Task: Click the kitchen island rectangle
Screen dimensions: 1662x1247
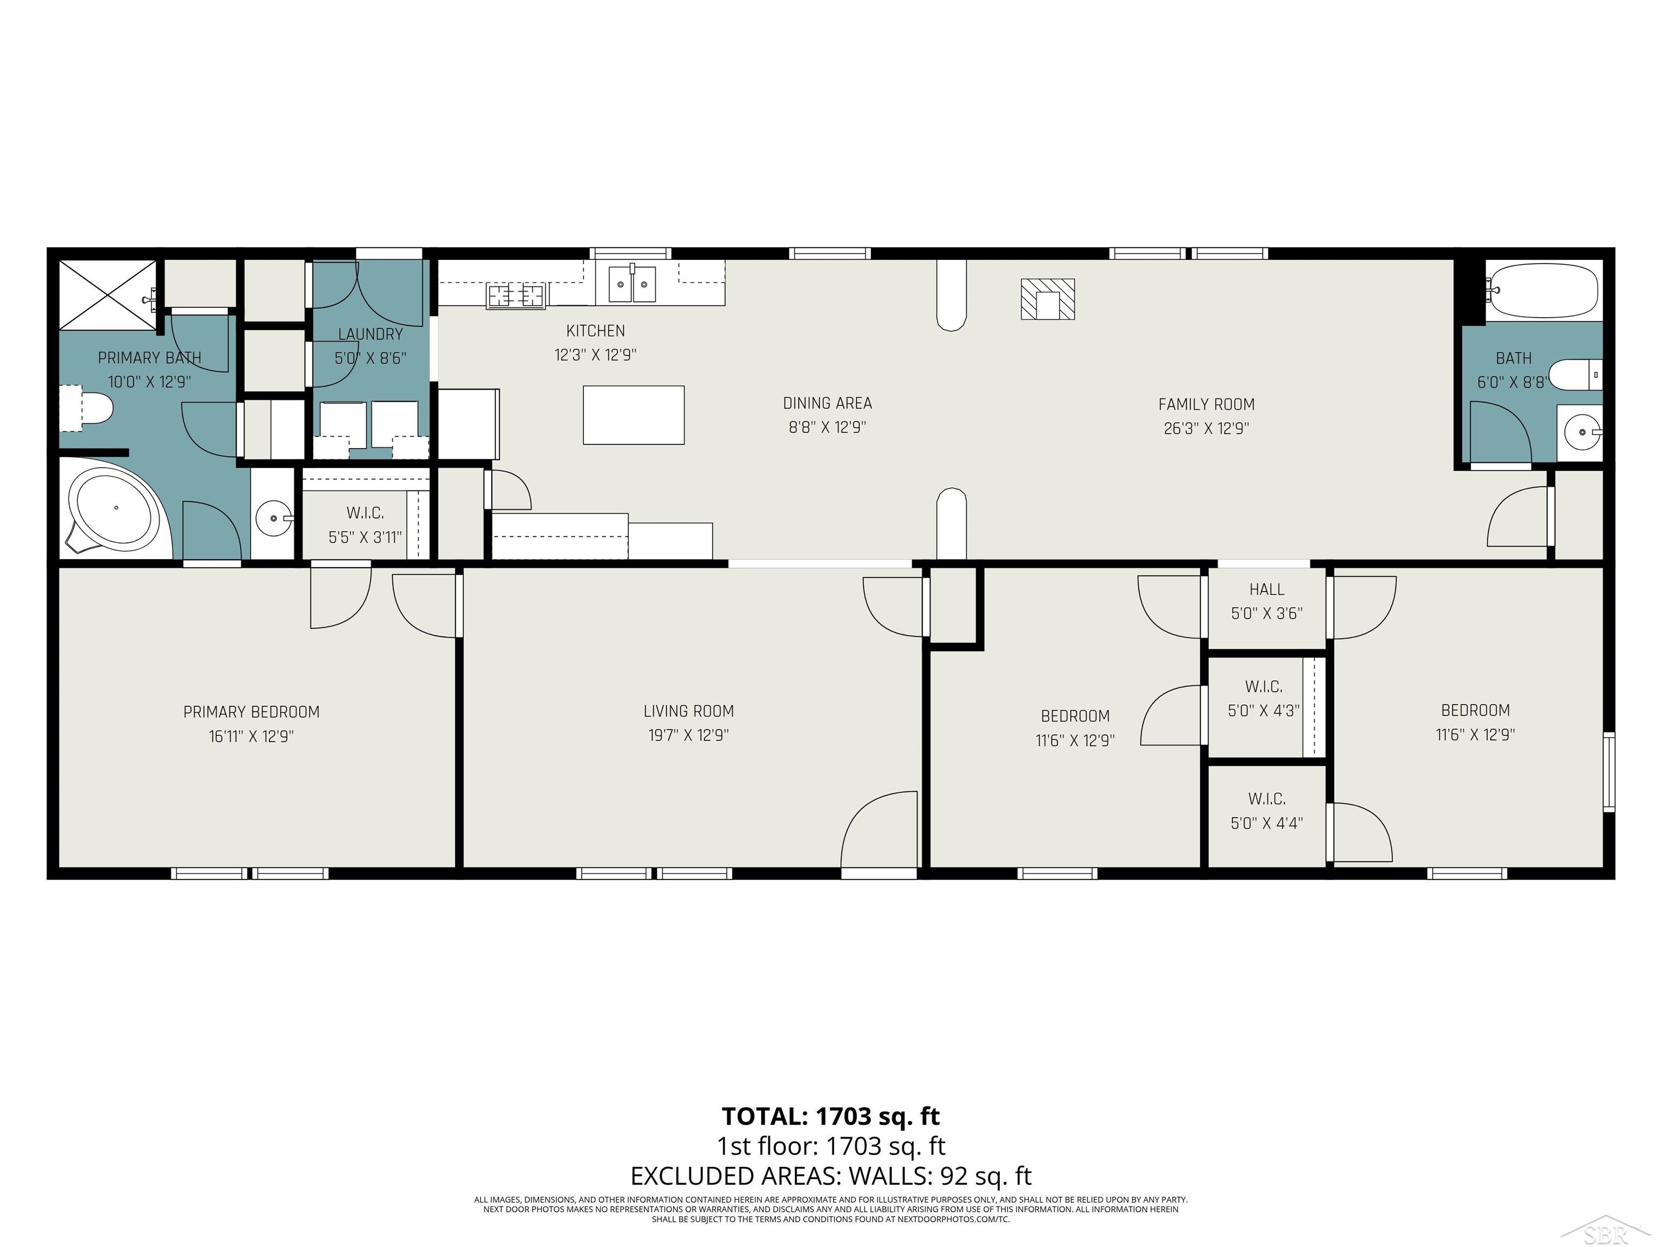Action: tap(634, 415)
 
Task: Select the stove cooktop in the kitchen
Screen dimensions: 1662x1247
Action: tap(516, 296)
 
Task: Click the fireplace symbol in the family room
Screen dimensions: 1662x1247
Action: tap(1047, 299)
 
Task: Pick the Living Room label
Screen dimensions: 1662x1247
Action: tap(688, 711)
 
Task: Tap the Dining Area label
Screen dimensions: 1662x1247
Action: tap(827, 403)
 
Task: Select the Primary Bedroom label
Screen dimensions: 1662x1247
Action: tap(251, 712)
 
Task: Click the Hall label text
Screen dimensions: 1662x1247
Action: tap(1266, 589)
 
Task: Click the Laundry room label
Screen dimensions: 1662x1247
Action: tap(371, 334)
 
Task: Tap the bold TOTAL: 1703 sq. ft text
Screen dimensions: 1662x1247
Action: tap(830, 1116)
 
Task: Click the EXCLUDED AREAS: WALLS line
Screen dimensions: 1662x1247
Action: tap(830, 1175)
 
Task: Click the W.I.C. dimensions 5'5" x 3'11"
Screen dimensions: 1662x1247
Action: tap(365, 537)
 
